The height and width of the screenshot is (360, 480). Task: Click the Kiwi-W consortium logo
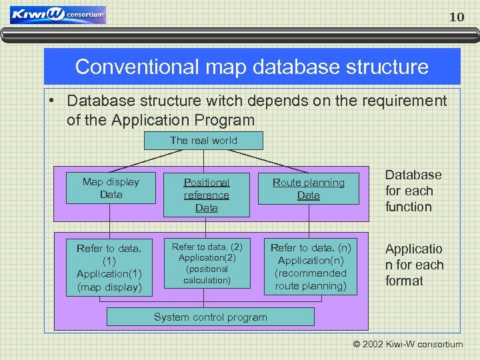click(x=57, y=15)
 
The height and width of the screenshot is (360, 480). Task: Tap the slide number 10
click(x=457, y=17)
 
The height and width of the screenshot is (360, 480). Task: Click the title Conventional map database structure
click(x=251, y=67)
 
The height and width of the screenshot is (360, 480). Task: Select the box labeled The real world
click(x=203, y=141)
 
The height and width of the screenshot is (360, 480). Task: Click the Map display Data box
click(x=111, y=188)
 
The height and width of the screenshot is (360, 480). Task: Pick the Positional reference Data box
click(x=207, y=195)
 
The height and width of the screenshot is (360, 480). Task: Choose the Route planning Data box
click(x=309, y=189)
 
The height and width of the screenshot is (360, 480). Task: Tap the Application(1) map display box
click(x=109, y=268)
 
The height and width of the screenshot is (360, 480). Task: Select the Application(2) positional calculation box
click(x=207, y=263)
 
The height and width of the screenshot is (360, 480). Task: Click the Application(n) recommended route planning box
click(x=311, y=267)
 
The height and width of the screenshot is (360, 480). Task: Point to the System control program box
click(x=210, y=317)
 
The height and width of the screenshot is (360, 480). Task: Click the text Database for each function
click(x=413, y=191)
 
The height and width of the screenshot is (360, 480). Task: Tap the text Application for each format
click(x=413, y=265)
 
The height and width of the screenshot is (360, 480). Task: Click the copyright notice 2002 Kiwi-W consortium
click(x=409, y=345)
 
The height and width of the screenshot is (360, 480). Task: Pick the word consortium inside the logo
click(x=85, y=14)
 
